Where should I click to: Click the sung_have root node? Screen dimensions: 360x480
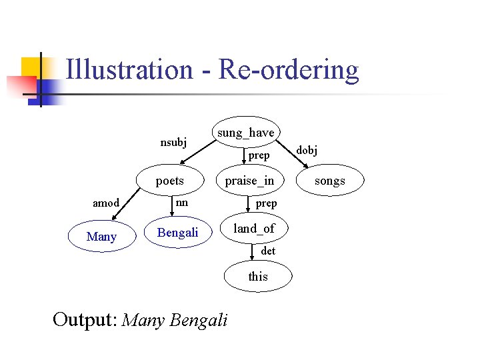(x=245, y=133)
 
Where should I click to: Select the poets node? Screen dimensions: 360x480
(x=169, y=181)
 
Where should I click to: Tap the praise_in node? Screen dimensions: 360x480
(x=249, y=181)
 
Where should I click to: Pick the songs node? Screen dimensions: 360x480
(x=329, y=181)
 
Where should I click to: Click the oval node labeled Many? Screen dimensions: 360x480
(x=101, y=237)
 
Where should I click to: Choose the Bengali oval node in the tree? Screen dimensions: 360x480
(x=177, y=233)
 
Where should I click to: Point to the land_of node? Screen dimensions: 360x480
(x=253, y=229)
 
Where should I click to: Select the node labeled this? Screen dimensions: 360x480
(x=258, y=276)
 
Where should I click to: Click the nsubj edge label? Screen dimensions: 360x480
(x=173, y=142)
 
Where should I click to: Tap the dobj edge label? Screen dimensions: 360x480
(x=307, y=151)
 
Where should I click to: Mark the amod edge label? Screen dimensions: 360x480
(x=106, y=203)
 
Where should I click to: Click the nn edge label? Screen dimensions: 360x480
(x=181, y=202)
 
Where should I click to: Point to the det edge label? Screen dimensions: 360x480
(x=268, y=251)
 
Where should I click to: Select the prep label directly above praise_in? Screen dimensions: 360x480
(x=259, y=155)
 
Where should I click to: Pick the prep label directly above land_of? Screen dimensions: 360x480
(x=266, y=203)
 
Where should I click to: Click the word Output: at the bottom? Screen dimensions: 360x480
(x=85, y=320)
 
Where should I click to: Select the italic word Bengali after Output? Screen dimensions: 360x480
(x=199, y=320)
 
